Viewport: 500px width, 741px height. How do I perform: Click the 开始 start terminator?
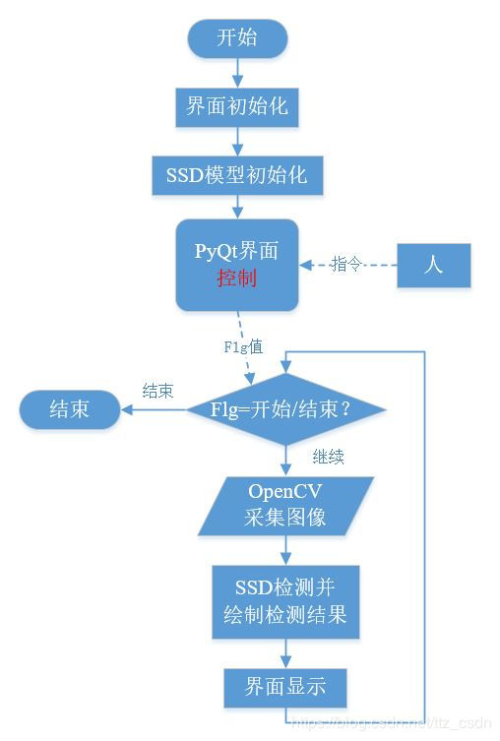coord(237,38)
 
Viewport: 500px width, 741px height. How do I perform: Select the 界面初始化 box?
coord(237,104)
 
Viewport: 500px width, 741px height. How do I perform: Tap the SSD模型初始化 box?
coord(237,174)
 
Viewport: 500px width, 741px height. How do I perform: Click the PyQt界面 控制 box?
coord(237,264)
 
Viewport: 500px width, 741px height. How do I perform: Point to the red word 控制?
coord(237,278)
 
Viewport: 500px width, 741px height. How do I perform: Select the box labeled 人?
coord(432,264)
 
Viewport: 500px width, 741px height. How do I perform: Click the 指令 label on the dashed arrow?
coord(346,264)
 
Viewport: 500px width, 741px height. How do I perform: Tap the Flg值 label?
coord(242,345)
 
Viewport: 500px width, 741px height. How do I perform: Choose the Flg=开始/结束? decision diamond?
coord(285,407)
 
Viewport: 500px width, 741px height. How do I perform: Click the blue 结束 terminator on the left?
coord(69,407)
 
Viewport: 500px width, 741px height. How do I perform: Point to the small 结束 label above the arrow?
coord(158,391)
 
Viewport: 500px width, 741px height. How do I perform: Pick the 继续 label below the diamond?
coord(328,458)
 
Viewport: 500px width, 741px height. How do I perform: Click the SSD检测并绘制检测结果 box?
coord(285,603)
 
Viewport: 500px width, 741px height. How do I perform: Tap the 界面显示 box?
coord(285,684)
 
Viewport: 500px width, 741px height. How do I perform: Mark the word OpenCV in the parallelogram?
coord(285,491)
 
